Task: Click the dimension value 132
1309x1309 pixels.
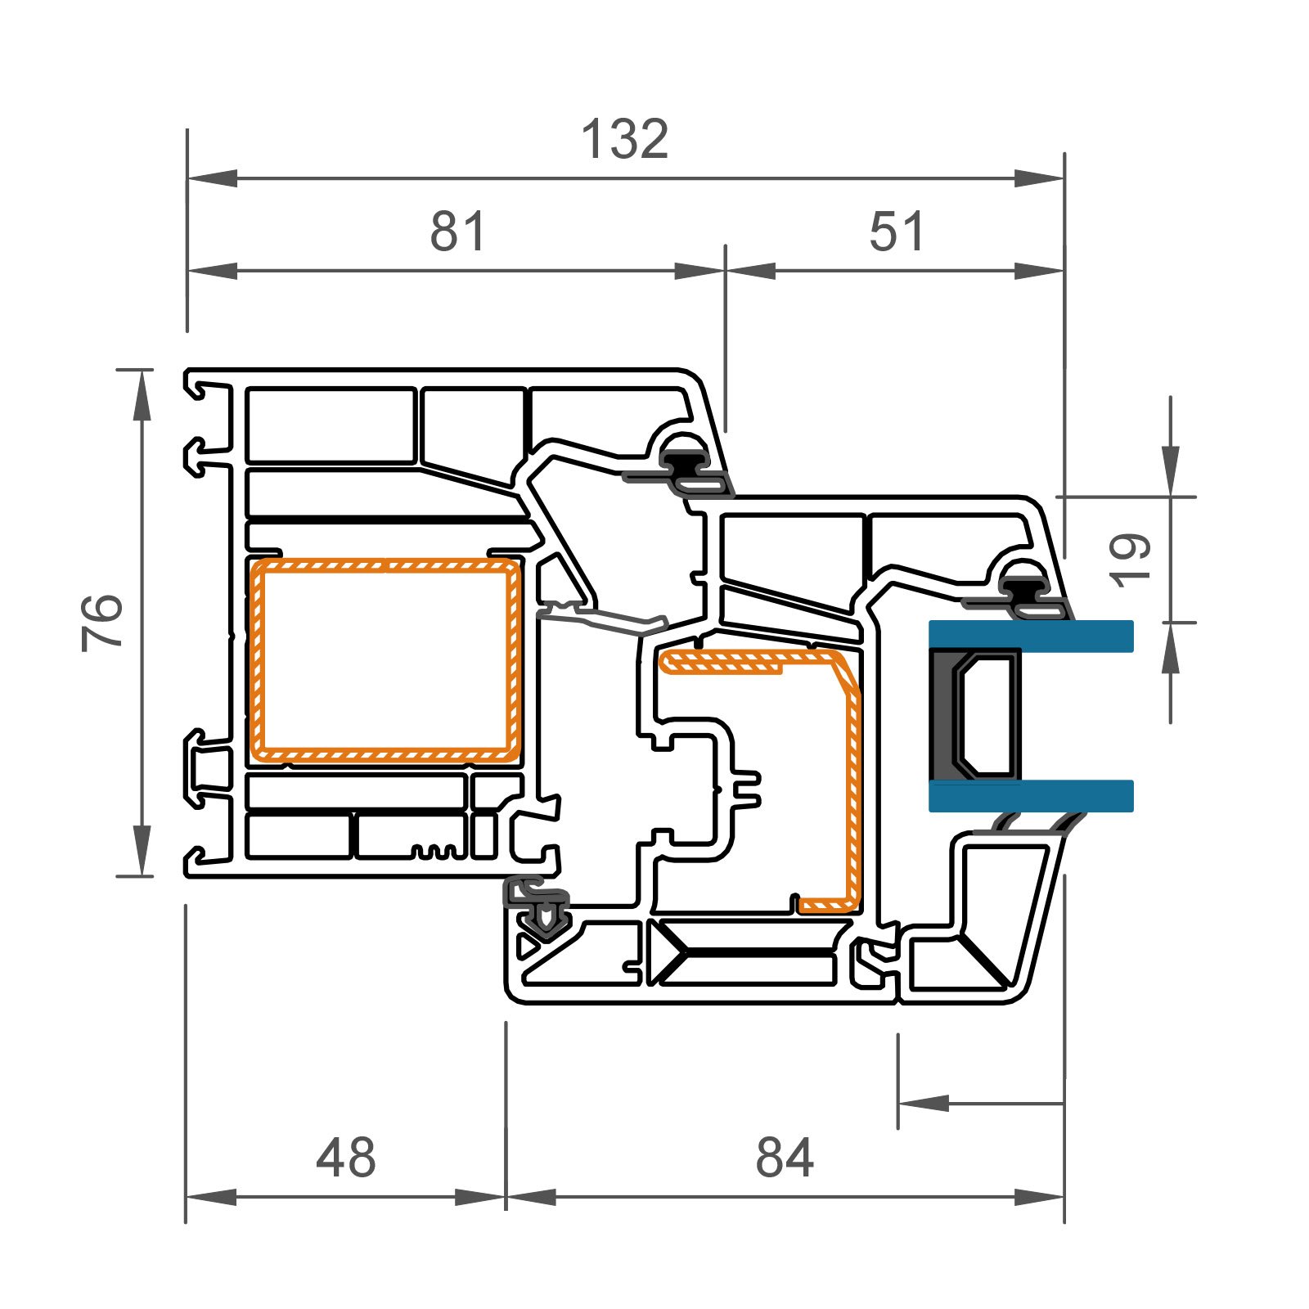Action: pyautogui.click(x=625, y=139)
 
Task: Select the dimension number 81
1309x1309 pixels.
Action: pyautogui.click(x=458, y=232)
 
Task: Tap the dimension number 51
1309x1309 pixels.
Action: pyautogui.click(x=897, y=232)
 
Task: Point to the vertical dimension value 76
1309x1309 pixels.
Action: pyautogui.click(x=103, y=623)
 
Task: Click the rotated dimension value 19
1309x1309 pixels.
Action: pyautogui.click(x=1132, y=560)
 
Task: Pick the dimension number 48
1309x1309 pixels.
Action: pyautogui.click(x=345, y=1158)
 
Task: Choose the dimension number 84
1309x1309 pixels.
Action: pyautogui.click(x=785, y=1158)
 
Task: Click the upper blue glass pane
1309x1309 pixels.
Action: pyautogui.click(x=1031, y=636)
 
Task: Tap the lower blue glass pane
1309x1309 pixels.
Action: pyautogui.click(x=1031, y=796)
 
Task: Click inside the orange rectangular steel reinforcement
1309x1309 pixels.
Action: pyautogui.click(x=385, y=660)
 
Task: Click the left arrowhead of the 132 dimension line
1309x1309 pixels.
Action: pyautogui.click(x=212, y=178)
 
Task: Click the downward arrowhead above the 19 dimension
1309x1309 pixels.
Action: pyautogui.click(x=1171, y=470)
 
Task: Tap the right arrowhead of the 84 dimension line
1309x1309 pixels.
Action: pyautogui.click(x=1039, y=1198)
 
